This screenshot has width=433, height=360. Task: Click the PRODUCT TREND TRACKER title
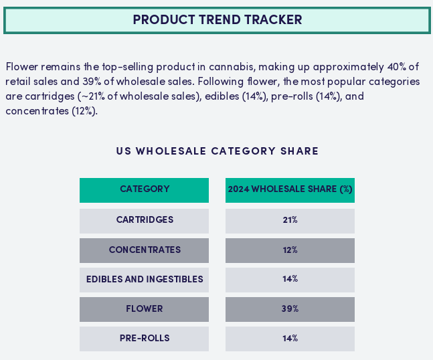(218, 20)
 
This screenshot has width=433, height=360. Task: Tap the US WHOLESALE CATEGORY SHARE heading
(218, 151)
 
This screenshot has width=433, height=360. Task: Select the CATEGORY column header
(144, 190)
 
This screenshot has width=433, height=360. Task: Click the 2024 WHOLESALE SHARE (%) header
(290, 190)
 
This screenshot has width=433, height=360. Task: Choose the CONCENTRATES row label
(144, 250)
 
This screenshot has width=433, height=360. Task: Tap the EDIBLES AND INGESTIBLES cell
(144, 280)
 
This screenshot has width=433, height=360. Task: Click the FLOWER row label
(144, 309)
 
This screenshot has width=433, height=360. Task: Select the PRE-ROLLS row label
(144, 339)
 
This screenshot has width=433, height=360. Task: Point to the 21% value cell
(290, 221)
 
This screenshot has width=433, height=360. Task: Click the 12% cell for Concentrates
(290, 250)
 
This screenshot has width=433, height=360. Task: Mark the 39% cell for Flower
(290, 309)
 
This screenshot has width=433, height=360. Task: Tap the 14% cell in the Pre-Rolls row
(290, 339)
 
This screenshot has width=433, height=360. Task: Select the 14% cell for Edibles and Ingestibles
(290, 280)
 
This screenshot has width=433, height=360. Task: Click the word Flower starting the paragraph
(22, 67)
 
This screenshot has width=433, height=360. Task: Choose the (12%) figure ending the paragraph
(85, 111)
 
